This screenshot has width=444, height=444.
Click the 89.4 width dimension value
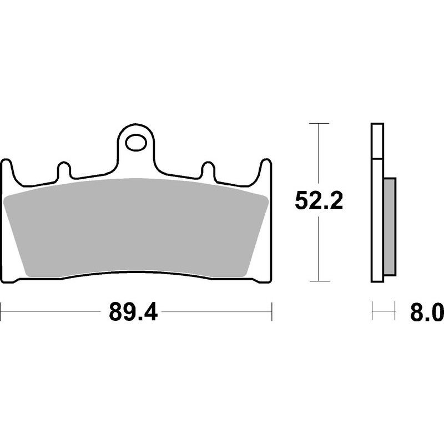(x=133, y=313)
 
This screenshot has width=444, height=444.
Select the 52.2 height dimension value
(x=319, y=201)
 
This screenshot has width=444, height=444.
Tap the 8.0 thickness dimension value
(x=426, y=313)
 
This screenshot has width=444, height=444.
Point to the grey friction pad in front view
(x=136, y=228)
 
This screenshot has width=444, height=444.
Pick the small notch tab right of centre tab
(x=208, y=169)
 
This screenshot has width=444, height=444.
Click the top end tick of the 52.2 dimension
(x=318, y=123)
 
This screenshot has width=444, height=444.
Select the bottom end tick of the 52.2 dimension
(x=318, y=281)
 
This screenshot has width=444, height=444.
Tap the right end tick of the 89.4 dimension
(x=271, y=312)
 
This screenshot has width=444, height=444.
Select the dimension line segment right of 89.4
(x=216, y=312)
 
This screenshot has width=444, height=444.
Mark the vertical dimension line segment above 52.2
(x=318, y=155)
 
